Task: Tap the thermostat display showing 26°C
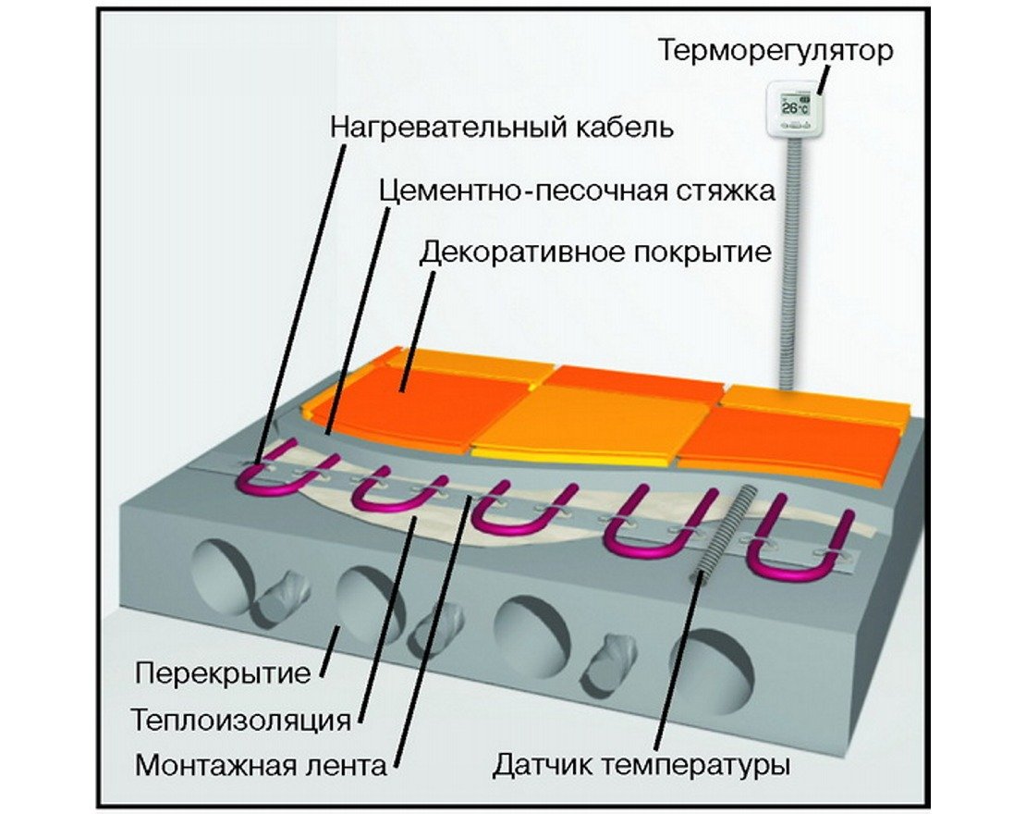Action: [793, 108]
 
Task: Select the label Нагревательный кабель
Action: [500, 127]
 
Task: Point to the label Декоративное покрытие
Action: [595, 252]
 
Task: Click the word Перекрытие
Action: [223, 672]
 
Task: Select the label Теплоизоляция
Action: [242, 719]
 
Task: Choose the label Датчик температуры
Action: [641, 766]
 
